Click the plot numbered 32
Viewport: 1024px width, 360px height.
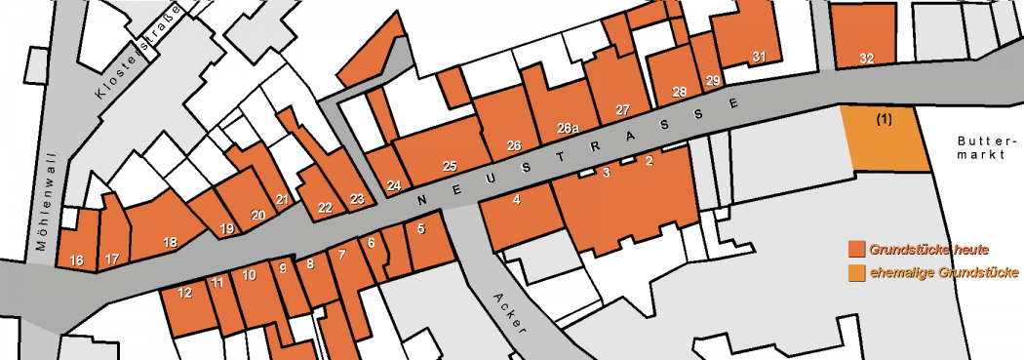point(866,59)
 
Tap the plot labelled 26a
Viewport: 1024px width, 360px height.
point(569,128)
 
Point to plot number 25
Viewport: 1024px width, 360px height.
point(450,166)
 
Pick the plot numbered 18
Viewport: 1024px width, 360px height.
point(170,242)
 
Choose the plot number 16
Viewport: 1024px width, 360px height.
point(77,260)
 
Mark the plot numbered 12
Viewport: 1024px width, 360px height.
point(185,292)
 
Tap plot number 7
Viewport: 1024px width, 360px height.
point(341,256)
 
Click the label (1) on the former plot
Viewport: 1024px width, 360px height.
point(884,119)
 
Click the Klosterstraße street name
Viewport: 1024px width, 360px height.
point(138,59)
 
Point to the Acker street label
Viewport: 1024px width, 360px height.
point(509,311)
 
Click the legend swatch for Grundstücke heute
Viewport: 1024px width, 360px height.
point(857,249)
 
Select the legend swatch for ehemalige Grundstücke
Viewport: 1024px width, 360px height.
point(857,272)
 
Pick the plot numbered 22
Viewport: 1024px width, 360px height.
point(325,208)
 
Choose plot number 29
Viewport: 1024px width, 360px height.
point(712,80)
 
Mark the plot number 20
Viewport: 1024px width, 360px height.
point(257,215)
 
